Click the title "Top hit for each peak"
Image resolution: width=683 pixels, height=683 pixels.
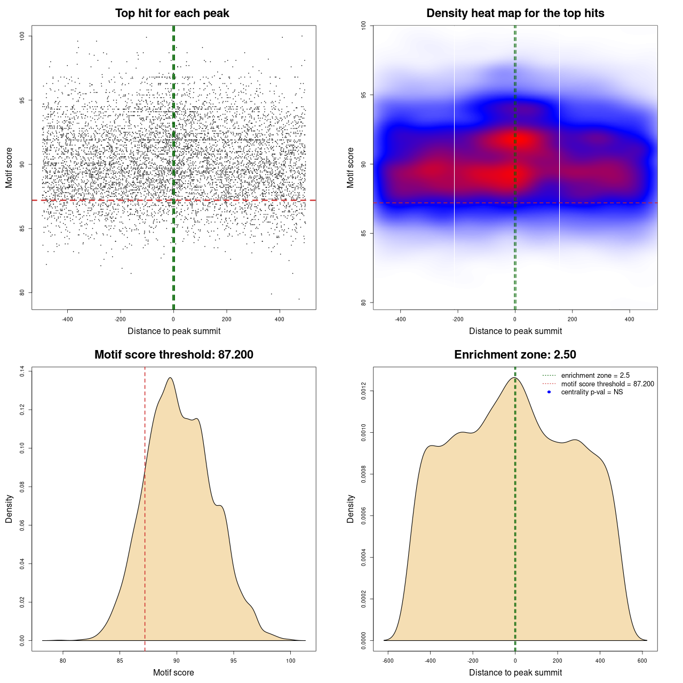click(x=172, y=13)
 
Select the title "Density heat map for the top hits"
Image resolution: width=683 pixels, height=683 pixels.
click(x=515, y=13)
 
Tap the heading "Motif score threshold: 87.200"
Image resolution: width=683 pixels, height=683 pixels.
click(x=173, y=355)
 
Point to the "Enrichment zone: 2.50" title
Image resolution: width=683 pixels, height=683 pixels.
click(x=515, y=355)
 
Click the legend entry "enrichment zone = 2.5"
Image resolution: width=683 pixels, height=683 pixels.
click(x=595, y=376)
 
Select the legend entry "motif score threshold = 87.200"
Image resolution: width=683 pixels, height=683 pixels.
click(x=607, y=384)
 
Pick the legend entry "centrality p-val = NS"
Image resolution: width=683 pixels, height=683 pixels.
click(x=592, y=392)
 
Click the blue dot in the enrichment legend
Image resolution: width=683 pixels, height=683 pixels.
click(x=549, y=392)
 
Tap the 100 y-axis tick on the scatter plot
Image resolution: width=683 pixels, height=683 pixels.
click(x=22, y=36)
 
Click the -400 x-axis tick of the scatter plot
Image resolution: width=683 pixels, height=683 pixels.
click(x=67, y=319)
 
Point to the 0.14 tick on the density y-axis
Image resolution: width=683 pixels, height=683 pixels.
click(x=22, y=371)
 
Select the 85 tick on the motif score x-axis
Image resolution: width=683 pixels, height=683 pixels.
click(x=120, y=661)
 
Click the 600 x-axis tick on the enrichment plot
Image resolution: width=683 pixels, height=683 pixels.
click(x=642, y=661)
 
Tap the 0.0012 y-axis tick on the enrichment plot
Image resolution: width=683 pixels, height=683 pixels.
click(x=364, y=391)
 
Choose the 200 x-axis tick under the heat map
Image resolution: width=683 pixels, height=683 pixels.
click(x=572, y=319)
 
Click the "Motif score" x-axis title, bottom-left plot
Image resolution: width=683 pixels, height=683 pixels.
click(x=173, y=672)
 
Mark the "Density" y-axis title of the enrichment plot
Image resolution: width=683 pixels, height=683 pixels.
click(x=351, y=509)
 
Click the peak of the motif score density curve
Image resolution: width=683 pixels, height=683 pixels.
click(x=170, y=378)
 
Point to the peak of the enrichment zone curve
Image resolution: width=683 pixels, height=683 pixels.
click(x=514, y=378)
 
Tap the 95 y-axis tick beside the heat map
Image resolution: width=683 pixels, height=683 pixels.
click(x=364, y=95)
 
